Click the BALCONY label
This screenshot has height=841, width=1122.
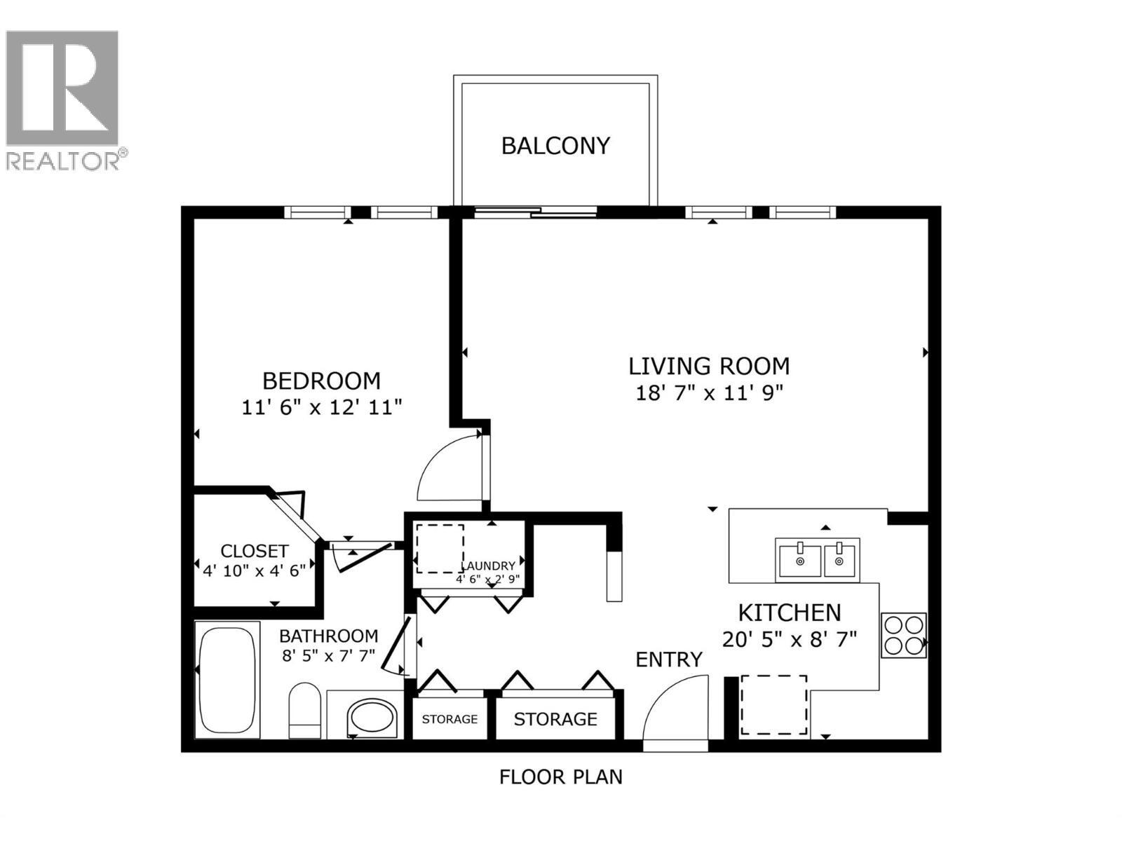point(555,146)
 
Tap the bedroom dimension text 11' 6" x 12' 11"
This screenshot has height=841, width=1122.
point(322,407)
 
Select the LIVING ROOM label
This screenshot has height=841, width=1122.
point(708,366)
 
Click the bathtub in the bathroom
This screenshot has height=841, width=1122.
point(227,679)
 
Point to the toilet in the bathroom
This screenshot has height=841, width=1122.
point(305,709)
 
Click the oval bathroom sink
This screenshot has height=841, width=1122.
point(372,717)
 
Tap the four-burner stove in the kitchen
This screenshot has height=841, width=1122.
point(903,635)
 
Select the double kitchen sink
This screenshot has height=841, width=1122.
point(817,559)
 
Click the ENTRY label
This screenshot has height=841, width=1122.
point(668,659)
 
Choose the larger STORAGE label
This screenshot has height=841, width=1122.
point(555,719)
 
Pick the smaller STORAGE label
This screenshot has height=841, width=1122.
point(450,719)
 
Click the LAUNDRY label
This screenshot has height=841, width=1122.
point(488,566)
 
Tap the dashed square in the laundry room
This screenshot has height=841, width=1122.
point(440,548)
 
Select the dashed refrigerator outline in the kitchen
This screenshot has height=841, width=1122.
point(773,705)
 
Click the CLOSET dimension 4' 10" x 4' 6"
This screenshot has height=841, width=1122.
point(255,570)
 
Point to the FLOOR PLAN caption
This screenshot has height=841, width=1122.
point(560,777)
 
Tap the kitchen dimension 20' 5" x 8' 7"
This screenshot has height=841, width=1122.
point(790,639)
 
